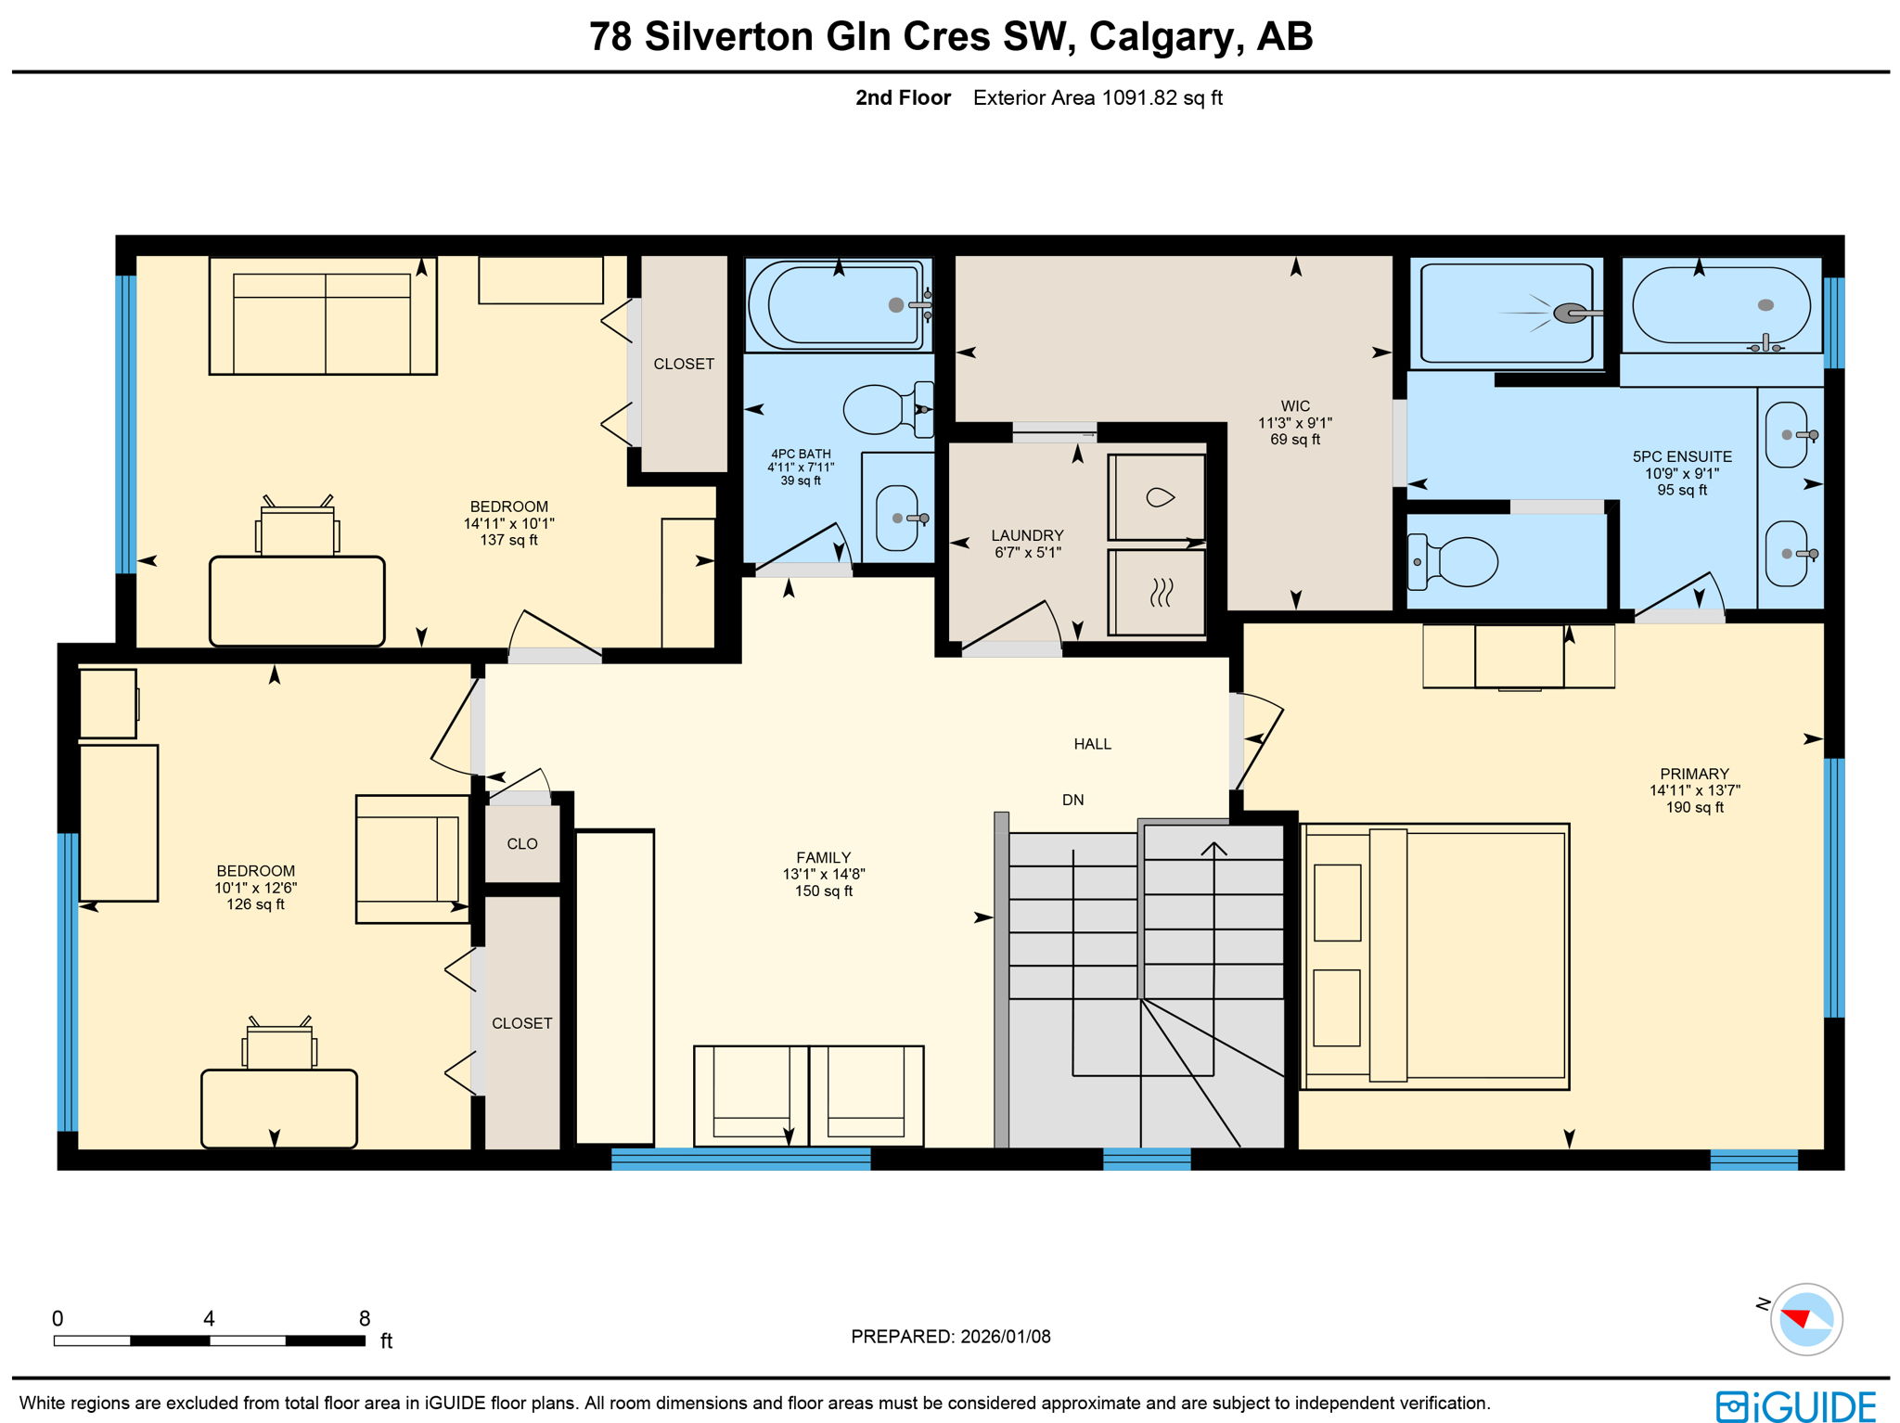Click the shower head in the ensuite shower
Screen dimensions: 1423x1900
point(1570,314)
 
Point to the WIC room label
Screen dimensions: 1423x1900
point(1295,406)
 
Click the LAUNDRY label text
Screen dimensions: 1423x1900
point(1027,535)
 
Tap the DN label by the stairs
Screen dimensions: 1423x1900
point(1072,800)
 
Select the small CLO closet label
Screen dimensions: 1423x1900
point(521,844)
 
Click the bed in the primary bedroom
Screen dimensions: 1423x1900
point(1435,956)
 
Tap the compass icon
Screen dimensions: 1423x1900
point(1805,1319)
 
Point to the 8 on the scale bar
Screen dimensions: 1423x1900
point(365,1318)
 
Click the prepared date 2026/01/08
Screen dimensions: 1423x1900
point(1005,1337)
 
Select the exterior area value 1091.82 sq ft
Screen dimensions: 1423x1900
point(1162,98)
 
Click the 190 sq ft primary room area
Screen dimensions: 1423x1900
point(1694,808)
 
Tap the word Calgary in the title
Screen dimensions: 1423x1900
point(1165,37)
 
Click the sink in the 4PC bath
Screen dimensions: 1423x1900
point(896,518)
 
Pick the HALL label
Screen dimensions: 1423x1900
point(1092,744)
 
